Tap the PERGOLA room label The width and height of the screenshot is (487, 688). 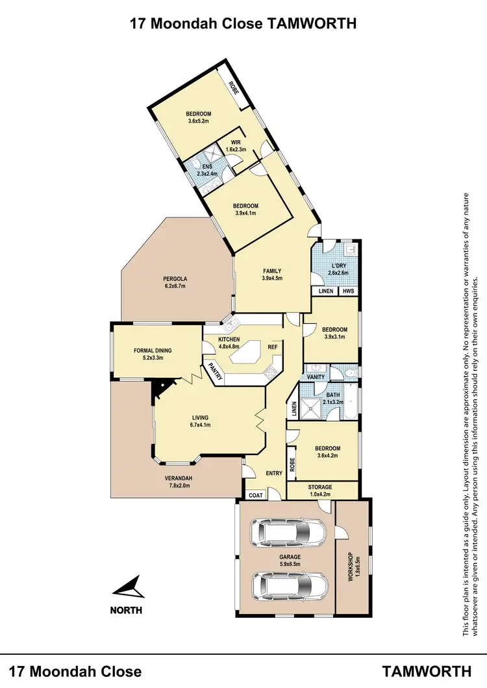[175, 280]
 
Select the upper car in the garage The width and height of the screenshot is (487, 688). [289, 534]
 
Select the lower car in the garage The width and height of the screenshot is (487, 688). [289, 586]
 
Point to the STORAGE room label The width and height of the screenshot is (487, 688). [319, 487]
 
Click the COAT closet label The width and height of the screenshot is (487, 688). [254, 495]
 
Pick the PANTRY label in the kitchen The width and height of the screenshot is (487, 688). [215, 372]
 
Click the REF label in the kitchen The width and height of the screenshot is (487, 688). [273, 346]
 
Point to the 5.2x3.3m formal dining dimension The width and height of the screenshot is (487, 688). [153, 358]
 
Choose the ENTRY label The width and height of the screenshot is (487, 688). [274, 473]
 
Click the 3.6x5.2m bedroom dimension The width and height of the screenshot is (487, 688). [199, 121]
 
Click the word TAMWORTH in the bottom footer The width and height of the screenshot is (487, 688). [427, 670]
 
